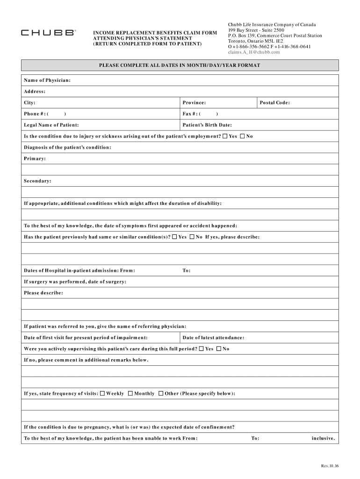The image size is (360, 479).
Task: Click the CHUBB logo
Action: [x=48, y=33]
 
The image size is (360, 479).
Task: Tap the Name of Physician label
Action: [x=47, y=80]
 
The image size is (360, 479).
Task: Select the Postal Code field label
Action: [x=275, y=103]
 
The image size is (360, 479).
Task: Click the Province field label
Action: [x=194, y=103]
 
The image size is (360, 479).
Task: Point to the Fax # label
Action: [x=191, y=114]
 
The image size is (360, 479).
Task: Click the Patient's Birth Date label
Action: [x=207, y=125]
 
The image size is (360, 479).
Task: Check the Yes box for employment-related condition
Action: [x=225, y=137]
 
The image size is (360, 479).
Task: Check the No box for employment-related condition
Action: [x=243, y=137]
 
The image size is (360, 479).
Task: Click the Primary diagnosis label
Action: [x=35, y=159]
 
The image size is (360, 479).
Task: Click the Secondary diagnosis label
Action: [x=37, y=181]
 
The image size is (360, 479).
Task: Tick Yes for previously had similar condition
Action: [x=174, y=237]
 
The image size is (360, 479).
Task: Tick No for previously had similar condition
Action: [x=192, y=237]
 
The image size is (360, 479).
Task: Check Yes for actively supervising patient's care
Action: [x=202, y=349]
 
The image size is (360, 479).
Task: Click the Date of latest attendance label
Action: [x=213, y=338]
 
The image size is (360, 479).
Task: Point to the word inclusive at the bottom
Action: [x=324, y=439]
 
